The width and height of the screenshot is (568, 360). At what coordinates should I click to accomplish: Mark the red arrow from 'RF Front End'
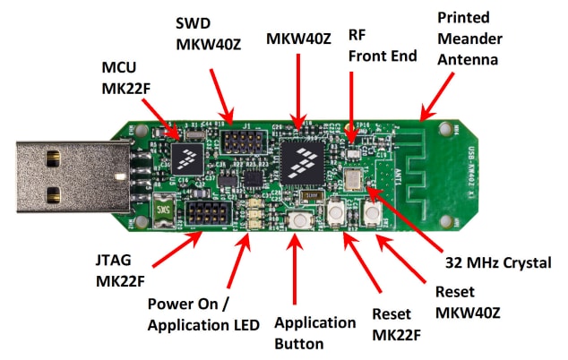(352, 103)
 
